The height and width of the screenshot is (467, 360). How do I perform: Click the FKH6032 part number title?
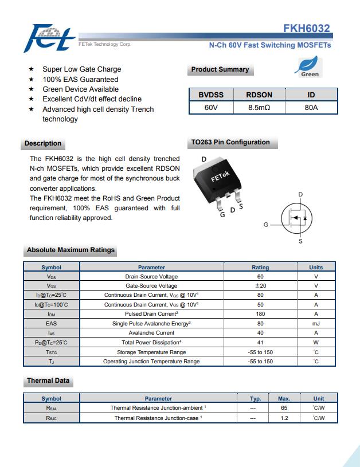click(x=307, y=29)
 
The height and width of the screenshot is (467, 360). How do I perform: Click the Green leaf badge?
click(x=309, y=67)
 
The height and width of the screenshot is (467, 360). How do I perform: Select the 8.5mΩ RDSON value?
click(x=259, y=107)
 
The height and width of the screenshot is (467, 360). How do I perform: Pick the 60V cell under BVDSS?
click(x=211, y=107)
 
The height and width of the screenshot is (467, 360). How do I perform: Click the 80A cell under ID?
click(x=311, y=107)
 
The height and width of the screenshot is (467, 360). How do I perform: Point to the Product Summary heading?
click(x=220, y=70)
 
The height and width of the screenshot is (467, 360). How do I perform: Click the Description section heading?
click(x=43, y=143)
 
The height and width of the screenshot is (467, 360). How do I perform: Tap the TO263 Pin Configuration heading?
click(x=230, y=143)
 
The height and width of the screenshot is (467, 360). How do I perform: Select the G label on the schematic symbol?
click(x=265, y=225)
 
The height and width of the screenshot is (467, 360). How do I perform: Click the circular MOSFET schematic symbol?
click(x=297, y=218)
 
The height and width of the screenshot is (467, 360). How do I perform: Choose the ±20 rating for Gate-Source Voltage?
click(x=260, y=285)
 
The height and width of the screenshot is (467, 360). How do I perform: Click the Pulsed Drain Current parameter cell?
click(x=151, y=314)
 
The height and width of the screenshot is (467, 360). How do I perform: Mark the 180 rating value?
click(x=260, y=314)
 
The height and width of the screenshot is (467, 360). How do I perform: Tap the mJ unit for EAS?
click(x=316, y=323)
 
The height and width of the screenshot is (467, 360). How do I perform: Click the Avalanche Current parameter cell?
click(x=151, y=333)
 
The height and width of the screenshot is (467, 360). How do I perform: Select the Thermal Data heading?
click(x=48, y=380)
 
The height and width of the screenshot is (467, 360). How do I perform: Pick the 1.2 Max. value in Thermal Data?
click(x=284, y=418)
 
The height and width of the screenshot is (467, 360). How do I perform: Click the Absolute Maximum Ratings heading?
click(x=71, y=250)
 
